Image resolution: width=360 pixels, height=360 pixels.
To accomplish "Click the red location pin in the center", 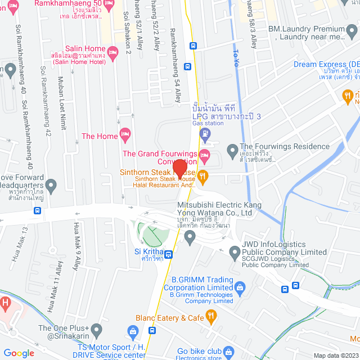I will coord(179,168).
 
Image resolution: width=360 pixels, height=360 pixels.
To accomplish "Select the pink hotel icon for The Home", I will coord(125,136).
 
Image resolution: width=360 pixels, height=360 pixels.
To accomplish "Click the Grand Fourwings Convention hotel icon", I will coord(204,154).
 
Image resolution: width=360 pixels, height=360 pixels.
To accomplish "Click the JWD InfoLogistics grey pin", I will coord(235,254).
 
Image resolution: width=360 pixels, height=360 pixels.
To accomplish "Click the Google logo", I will coord(19,353).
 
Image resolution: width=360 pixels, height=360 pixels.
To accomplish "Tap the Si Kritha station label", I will coord(148,255).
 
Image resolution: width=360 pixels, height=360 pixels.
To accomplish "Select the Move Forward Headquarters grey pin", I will coord(51,184).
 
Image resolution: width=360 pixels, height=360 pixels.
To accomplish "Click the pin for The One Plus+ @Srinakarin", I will coord(96,328).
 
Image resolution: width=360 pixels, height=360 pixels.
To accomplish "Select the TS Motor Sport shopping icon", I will coord(133,331).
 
